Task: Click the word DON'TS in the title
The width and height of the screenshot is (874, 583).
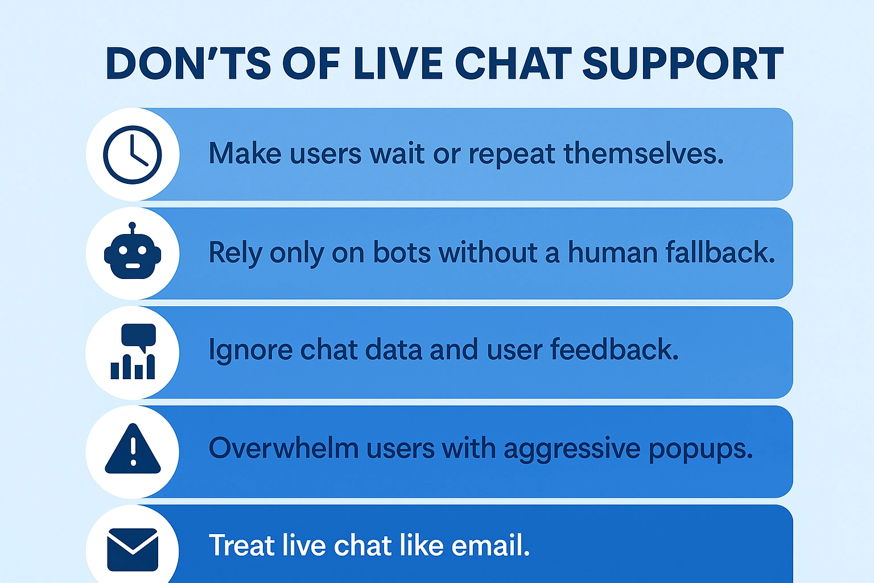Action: [188, 64]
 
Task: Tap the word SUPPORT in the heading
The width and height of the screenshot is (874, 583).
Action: [683, 64]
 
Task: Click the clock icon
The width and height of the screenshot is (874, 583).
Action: [132, 155]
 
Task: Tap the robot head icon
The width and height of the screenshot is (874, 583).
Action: [133, 251]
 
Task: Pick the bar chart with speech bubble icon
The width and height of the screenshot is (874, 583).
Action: [133, 351]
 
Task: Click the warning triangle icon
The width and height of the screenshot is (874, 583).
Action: [133, 449]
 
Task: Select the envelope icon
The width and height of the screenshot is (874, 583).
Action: [133, 549]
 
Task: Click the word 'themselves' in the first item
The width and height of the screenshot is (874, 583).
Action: [644, 153]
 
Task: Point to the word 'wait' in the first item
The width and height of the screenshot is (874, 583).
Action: [397, 153]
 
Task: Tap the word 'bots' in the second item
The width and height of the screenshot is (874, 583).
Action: [402, 252]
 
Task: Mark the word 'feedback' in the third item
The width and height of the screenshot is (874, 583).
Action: [615, 348]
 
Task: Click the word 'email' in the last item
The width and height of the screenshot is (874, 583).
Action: [490, 545]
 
